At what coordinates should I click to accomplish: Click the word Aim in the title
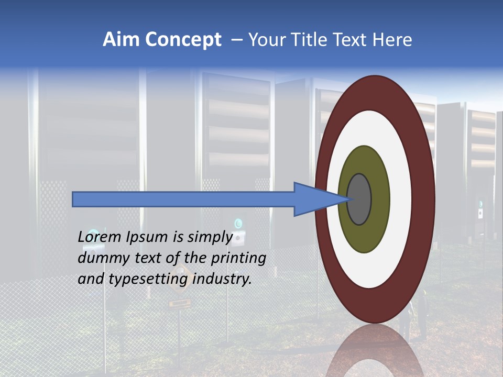116,40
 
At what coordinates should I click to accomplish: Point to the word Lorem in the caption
99,237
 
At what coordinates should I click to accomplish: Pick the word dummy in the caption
99,258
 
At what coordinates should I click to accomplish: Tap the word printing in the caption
238,258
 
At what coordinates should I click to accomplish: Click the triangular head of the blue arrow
314,199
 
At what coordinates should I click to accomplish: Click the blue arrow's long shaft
183,199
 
